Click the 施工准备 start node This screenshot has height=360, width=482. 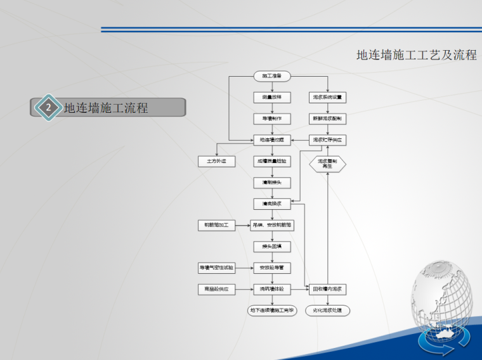point(272,76)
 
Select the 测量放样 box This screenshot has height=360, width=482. point(272,98)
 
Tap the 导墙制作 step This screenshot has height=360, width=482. point(272,119)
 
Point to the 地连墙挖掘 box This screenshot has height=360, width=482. point(272,139)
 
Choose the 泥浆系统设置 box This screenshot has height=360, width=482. point(328,98)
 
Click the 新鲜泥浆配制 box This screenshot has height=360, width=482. point(328,119)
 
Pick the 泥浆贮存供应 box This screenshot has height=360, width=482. point(328,139)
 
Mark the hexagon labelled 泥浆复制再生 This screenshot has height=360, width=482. point(328,164)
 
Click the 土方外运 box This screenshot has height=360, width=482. point(216,162)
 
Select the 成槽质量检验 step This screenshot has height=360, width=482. point(272,162)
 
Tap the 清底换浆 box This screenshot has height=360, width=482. point(272,203)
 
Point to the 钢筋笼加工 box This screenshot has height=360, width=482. point(216,225)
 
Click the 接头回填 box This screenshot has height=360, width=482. point(272,246)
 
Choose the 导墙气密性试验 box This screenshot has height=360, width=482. point(216,268)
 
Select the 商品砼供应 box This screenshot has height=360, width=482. point(216,290)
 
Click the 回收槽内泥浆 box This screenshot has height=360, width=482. point(328,290)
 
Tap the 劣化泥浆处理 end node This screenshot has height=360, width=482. point(328,311)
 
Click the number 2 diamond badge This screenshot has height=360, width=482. point(48,108)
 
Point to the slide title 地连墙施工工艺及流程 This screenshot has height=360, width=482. point(416,55)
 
